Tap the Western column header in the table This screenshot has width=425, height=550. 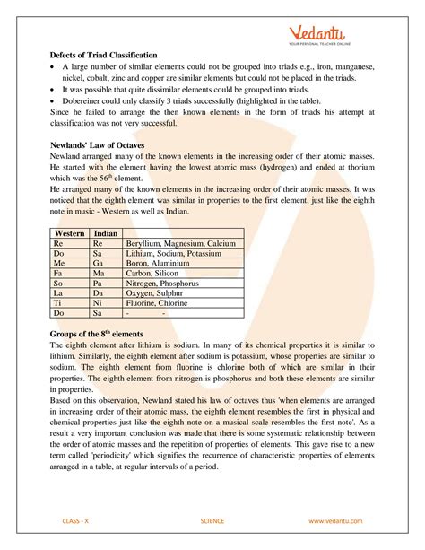tap(69, 233)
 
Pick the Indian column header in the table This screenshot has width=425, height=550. tap(107, 233)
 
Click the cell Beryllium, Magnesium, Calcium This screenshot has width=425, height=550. tap(182, 244)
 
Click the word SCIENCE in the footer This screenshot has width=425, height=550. tap(212, 520)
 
